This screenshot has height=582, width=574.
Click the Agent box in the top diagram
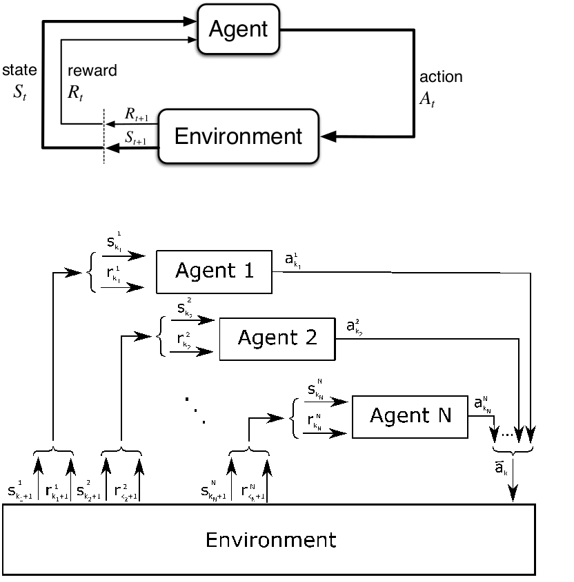(239, 29)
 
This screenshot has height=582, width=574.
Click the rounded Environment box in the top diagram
(239, 136)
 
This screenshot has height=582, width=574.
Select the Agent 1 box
(214, 271)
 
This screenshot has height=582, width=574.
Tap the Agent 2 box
(277, 338)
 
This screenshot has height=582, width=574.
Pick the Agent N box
(410, 415)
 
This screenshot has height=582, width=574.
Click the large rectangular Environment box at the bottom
(270, 539)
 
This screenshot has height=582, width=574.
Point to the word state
(19, 70)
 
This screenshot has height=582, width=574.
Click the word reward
(92, 70)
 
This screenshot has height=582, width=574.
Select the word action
(441, 77)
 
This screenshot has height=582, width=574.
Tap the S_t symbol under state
(21, 93)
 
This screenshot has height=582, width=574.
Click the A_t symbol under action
(428, 98)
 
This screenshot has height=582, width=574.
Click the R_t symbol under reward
(75, 93)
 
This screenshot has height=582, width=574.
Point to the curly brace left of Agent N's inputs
(295, 417)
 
